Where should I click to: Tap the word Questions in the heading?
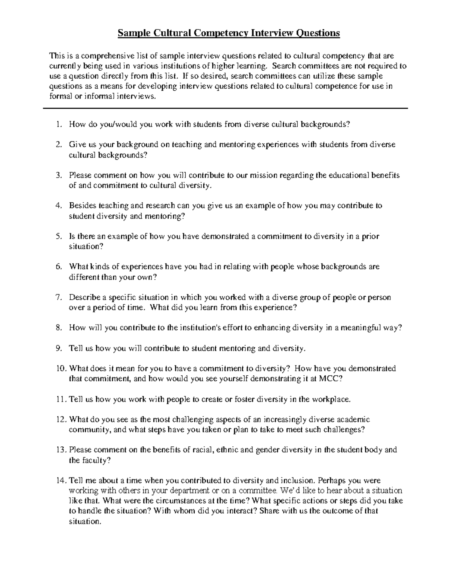pos(318,33)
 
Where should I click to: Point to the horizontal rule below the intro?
pos(225,108)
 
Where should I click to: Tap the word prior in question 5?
pos(371,237)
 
